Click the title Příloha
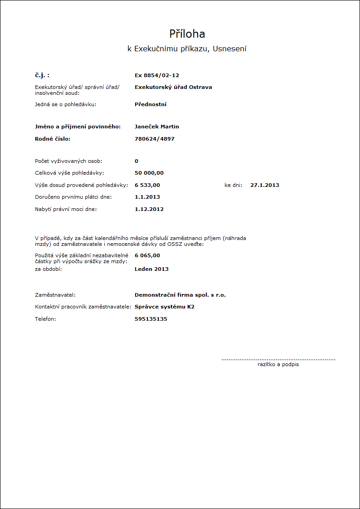tap(187, 34)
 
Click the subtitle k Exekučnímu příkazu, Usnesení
tap(187, 49)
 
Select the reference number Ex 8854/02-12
tap(154, 75)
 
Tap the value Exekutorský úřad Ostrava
tap(173, 87)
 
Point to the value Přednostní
tap(151, 104)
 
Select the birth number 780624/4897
tap(155, 139)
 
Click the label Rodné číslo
tap(53, 139)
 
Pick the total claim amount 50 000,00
tap(149, 173)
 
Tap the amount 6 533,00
tap(147, 185)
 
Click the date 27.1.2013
tap(265, 185)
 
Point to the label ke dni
tap(234, 185)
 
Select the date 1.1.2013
tap(147, 197)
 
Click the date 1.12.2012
tap(149, 209)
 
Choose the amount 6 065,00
tap(147, 255)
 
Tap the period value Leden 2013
tap(151, 269)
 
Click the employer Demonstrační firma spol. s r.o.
tap(180, 295)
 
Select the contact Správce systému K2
tap(165, 307)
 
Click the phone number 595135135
tap(151, 319)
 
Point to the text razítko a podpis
tap(278, 364)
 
